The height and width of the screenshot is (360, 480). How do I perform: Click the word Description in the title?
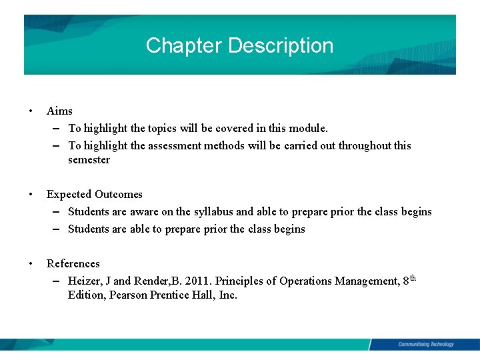(x=281, y=45)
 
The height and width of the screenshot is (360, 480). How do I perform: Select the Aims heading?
(x=59, y=111)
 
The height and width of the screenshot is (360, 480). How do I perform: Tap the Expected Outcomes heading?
(x=95, y=194)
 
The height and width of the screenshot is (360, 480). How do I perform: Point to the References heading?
(x=73, y=263)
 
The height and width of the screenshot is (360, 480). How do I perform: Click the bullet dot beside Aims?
(x=31, y=111)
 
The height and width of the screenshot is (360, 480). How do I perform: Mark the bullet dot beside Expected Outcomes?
(x=31, y=194)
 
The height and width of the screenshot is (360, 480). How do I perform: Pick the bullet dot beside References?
(x=31, y=263)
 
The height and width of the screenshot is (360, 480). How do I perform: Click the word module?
(x=309, y=128)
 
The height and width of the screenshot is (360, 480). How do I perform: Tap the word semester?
(x=89, y=160)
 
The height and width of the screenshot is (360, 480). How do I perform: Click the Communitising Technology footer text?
(x=425, y=344)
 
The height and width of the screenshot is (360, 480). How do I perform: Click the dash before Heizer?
(x=57, y=281)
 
